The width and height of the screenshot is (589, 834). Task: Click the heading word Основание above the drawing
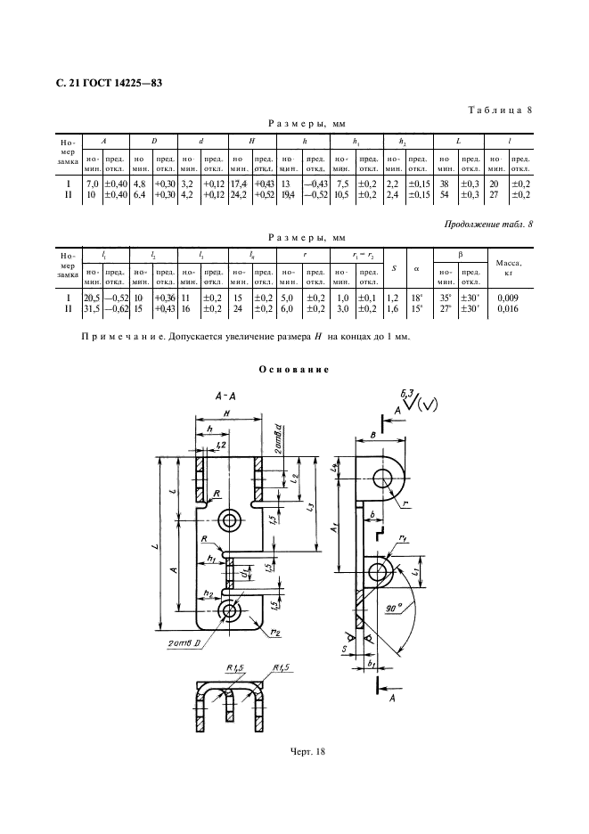[294, 369]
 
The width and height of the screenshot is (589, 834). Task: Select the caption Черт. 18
[294, 752]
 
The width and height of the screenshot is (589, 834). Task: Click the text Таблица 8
[499, 110]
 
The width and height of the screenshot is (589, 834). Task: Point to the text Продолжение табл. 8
[489, 223]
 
